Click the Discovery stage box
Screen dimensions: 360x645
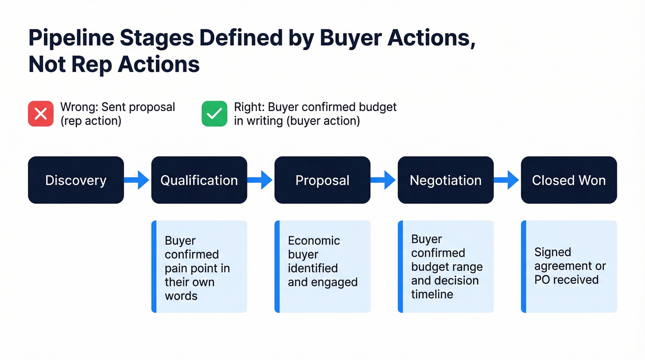point(76,180)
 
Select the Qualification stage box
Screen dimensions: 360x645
point(199,180)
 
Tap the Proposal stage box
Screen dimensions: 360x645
point(322,180)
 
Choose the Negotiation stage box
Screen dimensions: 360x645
point(446,180)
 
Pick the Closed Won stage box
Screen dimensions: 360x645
point(569,180)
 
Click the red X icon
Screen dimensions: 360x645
point(41,113)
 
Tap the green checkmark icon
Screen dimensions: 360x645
point(214,113)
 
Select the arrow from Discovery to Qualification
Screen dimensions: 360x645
point(137,180)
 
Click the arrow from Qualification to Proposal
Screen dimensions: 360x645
point(261,180)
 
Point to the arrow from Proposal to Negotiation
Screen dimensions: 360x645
point(384,180)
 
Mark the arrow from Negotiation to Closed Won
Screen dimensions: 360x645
point(507,180)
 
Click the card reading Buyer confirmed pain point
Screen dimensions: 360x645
point(199,267)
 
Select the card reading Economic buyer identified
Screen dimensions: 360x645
point(322,267)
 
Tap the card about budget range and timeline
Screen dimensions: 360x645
point(446,267)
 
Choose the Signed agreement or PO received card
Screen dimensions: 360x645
point(569,267)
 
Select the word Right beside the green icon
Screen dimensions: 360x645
point(248,107)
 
